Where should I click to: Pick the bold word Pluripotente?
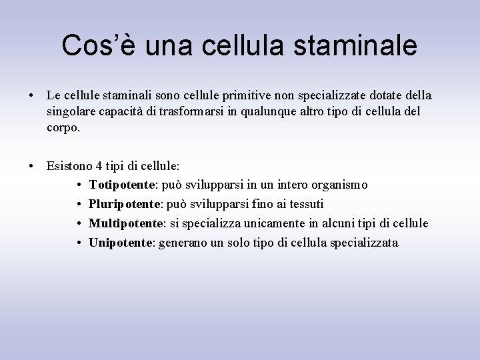(125, 203)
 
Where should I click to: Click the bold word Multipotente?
(125, 223)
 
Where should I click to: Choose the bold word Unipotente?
(121, 242)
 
